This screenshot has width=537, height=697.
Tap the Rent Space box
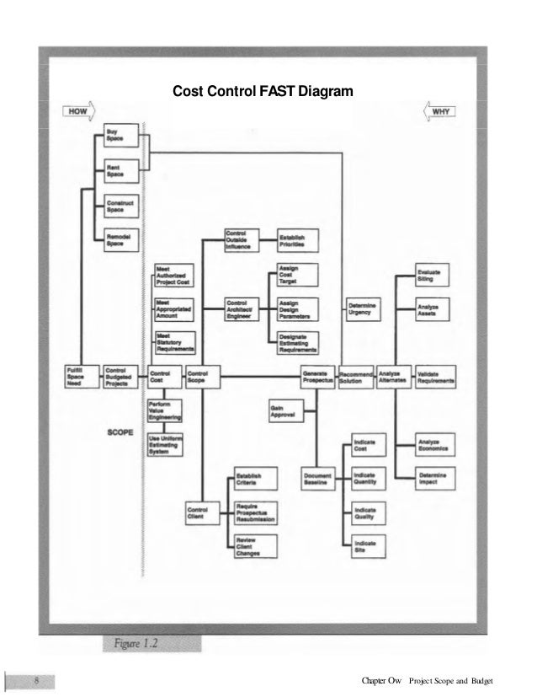point(118,172)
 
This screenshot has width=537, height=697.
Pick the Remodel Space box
point(118,240)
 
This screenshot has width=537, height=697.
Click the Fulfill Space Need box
point(81,375)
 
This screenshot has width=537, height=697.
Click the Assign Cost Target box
point(296,275)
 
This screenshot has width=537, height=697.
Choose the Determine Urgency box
point(364,308)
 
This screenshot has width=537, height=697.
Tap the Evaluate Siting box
point(433,275)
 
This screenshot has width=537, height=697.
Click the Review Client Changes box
point(251,547)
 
